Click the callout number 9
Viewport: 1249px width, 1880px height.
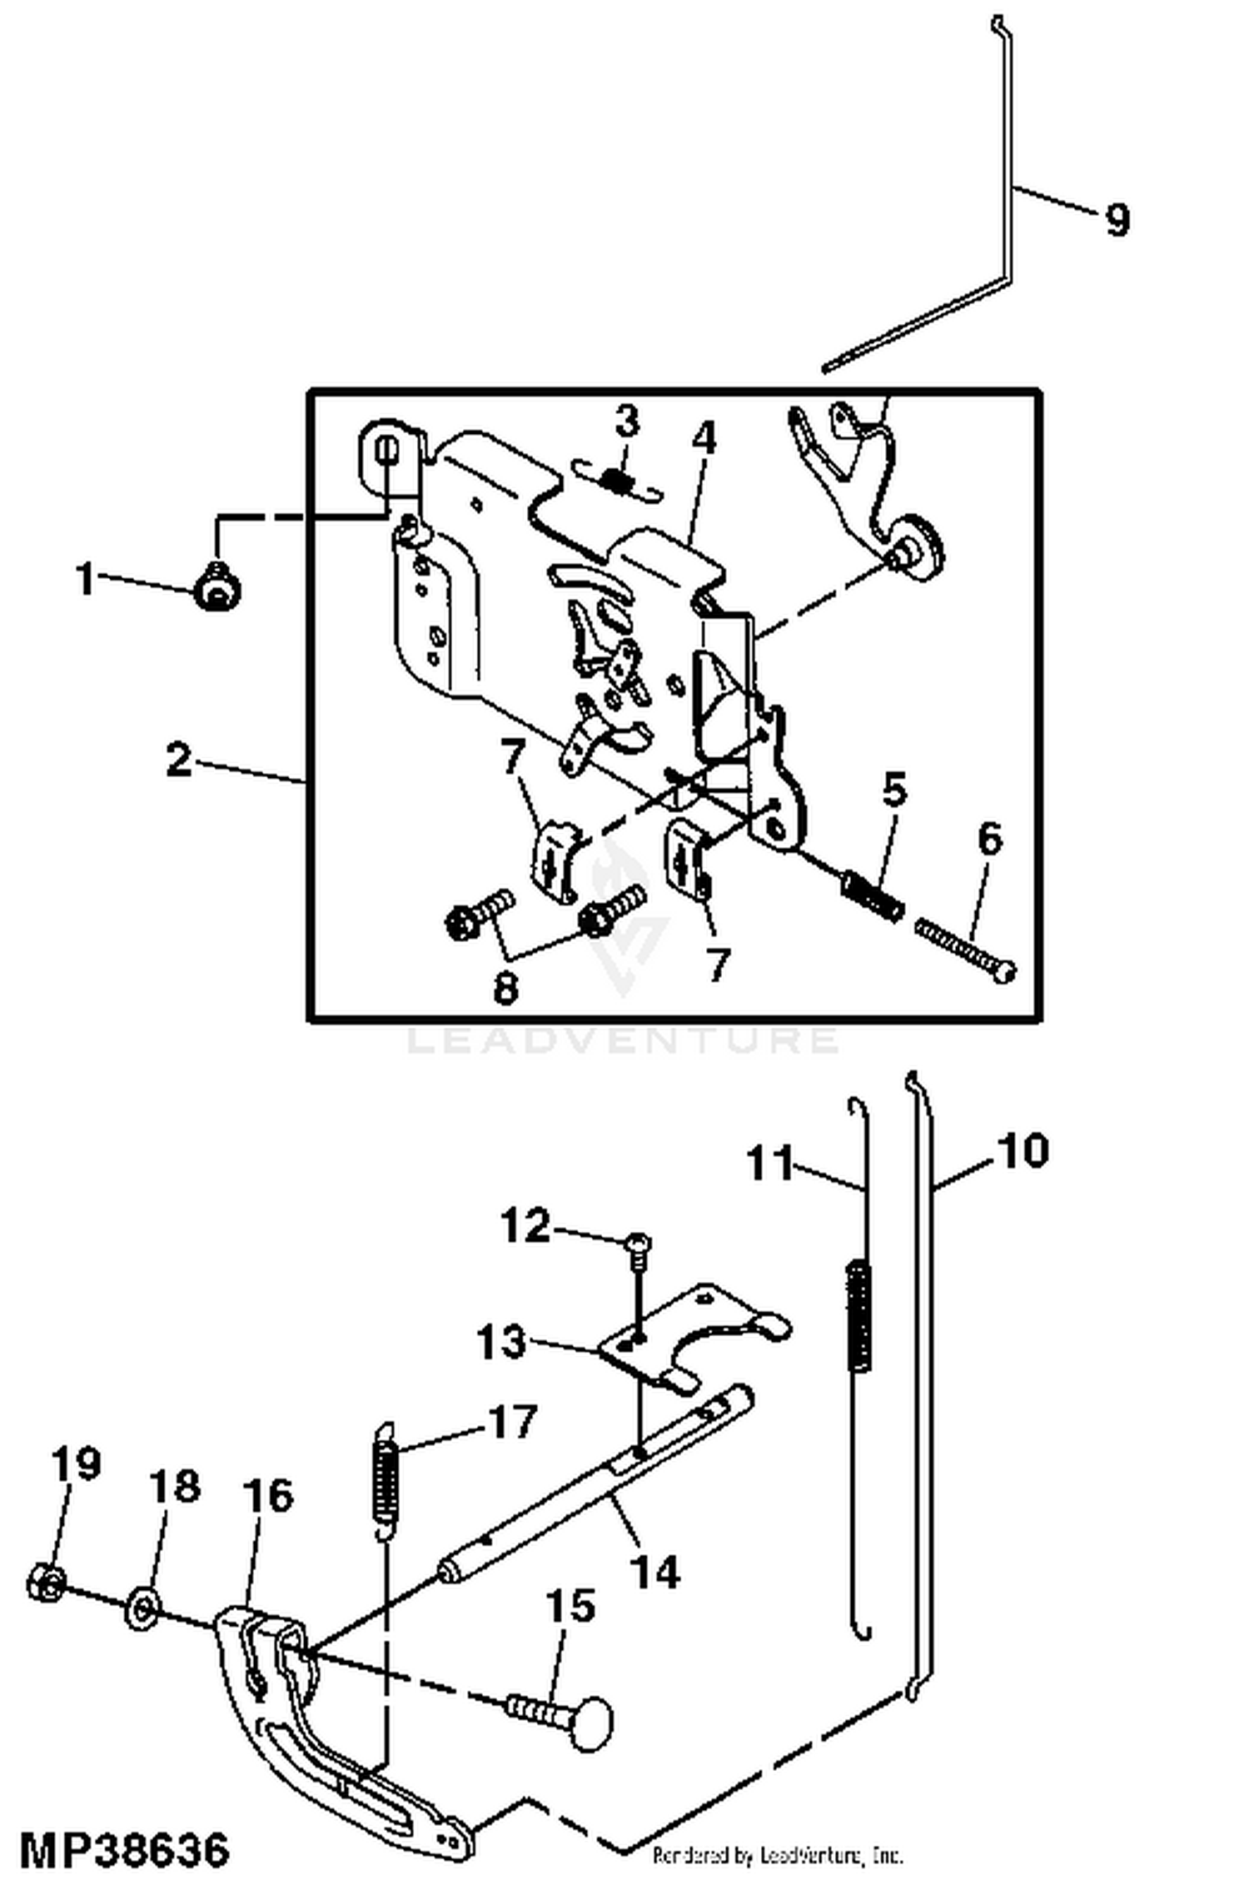tap(1117, 220)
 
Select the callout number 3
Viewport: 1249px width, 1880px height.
tap(627, 421)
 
